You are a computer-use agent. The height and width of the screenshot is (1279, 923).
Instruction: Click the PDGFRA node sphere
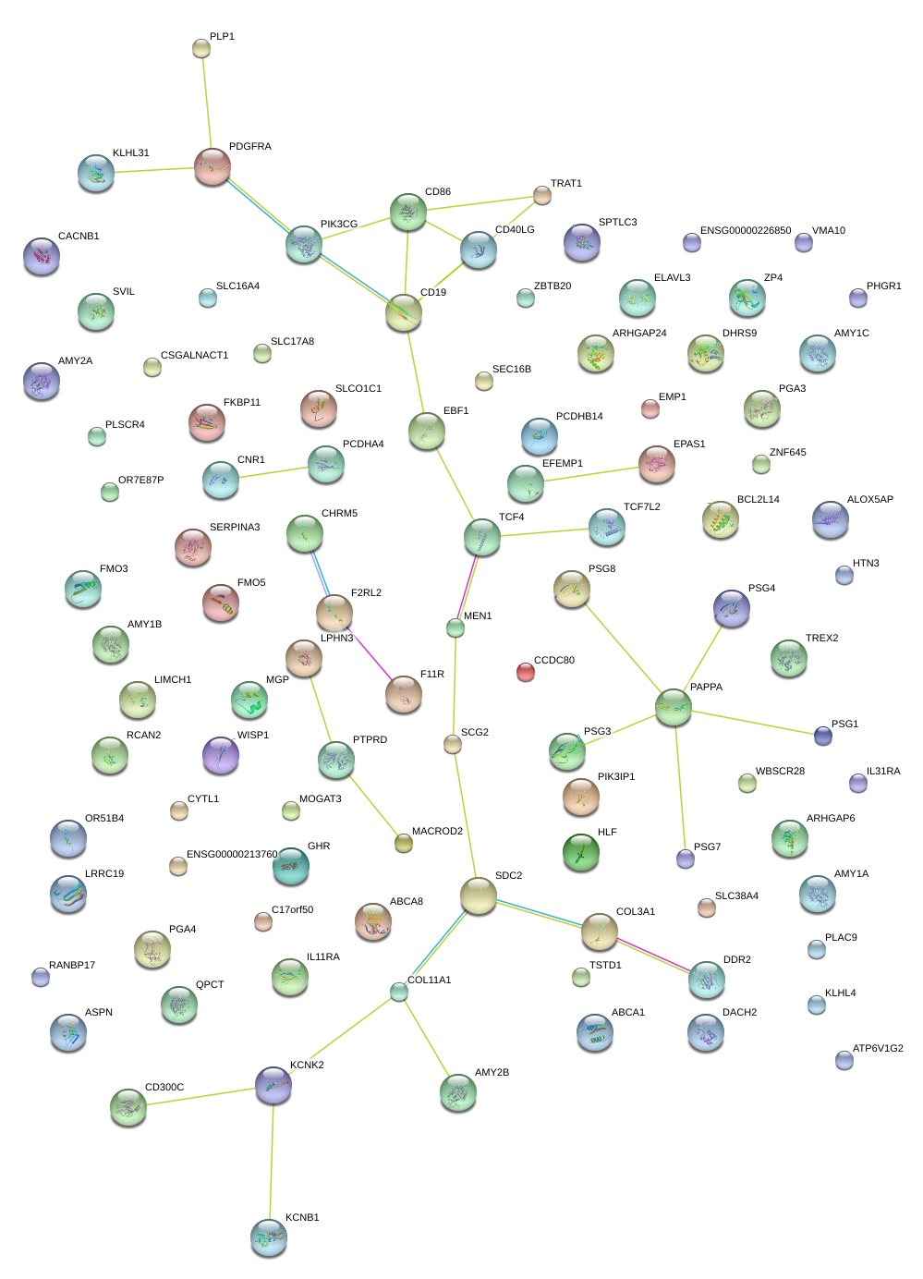[x=213, y=166]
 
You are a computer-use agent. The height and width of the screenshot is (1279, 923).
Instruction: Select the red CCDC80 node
[x=526, y=672]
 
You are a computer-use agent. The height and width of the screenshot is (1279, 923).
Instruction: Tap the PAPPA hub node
[x=674, y=707]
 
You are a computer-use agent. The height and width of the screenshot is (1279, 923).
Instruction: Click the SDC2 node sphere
[x=479, y=895]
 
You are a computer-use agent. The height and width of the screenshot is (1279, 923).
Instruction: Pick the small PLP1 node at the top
[x=201, y=48]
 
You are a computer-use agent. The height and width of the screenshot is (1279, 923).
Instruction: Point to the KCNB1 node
[x=269, y=1236]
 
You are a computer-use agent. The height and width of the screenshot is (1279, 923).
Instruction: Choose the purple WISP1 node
[x=221, y=754]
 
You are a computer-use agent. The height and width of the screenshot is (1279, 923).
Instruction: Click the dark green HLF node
[x=581, y=851]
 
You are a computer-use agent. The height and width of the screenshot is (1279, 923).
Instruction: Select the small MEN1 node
[x=455, y=627]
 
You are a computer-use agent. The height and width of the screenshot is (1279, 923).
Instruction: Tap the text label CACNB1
[x=79, y=237]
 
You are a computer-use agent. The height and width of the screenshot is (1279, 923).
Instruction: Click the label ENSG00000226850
[x=746, y=231]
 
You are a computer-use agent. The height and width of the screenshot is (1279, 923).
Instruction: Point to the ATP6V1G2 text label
[x=878, y=1049]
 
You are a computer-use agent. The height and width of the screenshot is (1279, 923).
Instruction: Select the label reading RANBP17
[x=72, y=966]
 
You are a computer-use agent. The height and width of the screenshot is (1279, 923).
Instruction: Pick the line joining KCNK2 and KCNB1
[x=272, y=1161]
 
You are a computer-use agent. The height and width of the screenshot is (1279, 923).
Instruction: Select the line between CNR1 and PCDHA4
[x=273, y=473]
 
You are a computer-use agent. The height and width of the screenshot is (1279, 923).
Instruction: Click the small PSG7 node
[x=686, y=859]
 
